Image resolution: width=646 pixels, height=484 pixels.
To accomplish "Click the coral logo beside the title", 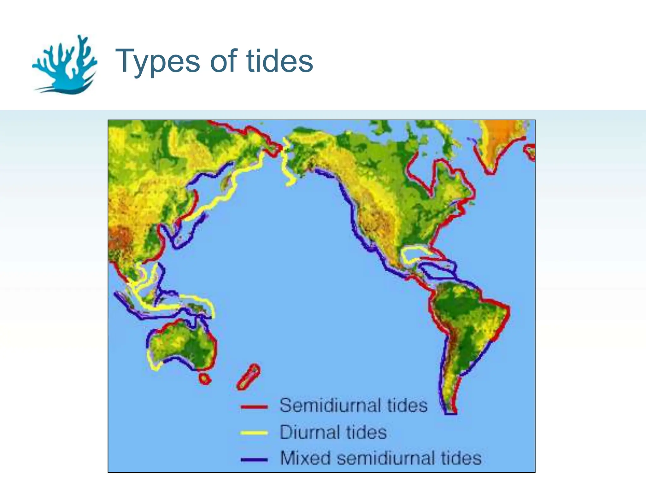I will pos(65,65).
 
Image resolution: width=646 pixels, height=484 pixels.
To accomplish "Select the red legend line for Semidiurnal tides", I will pos(254,407).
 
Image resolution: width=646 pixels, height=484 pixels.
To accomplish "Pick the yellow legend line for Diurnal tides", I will pos(254,433).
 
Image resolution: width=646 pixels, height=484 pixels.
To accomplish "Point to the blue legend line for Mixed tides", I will pos(254,459).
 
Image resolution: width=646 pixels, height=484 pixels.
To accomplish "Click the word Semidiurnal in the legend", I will pos(329,405).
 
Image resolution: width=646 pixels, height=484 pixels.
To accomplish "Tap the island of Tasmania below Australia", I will pos(205,379).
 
